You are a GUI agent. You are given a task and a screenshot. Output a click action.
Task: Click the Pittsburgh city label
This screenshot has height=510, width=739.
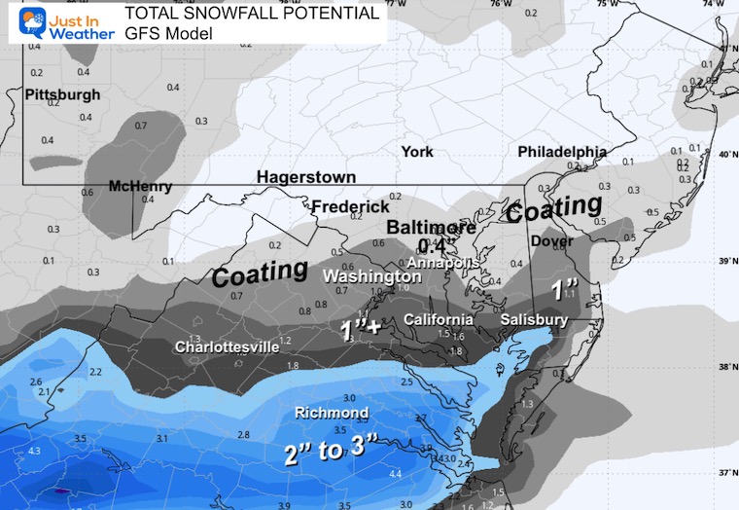click(x=61, y=94)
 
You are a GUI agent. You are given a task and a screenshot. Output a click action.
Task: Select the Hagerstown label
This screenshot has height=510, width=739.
click(x=305, y=177)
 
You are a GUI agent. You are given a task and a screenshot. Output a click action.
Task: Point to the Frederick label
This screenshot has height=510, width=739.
click(x=350, y=207)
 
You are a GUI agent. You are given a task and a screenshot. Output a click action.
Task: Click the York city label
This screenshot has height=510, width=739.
click(x=417, y=152)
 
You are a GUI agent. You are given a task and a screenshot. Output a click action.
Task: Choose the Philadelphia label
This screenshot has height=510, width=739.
click(x=562, y=153)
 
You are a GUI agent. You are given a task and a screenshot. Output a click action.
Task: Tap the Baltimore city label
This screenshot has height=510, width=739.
click(x=432, y=228)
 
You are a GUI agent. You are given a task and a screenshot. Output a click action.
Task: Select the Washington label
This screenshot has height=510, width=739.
click(x=372, y=276)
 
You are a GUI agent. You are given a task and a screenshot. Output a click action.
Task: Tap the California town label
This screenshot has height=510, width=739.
click(x=438, y=320)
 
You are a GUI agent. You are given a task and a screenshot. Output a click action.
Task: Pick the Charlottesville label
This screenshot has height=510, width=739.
click(x=227, y=346)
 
